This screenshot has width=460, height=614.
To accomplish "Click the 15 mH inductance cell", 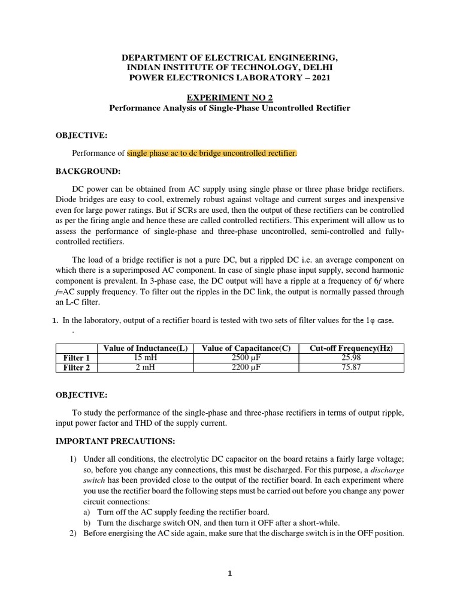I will (145, 358).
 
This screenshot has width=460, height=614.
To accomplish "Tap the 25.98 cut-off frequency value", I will (350, 358).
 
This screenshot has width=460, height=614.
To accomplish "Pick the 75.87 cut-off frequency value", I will (350, 368).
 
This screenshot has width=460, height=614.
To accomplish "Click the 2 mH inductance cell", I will (145, 368).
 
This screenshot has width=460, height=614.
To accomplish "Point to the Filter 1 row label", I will (77, 358).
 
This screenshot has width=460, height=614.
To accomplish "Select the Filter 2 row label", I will (77, 368).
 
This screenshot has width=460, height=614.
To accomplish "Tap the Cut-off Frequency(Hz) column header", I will (350, 348).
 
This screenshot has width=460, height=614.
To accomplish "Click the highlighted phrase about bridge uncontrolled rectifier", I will (211, 153).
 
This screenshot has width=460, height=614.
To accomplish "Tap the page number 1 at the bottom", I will (229, 573).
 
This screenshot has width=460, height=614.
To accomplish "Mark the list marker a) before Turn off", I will (87, 511).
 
